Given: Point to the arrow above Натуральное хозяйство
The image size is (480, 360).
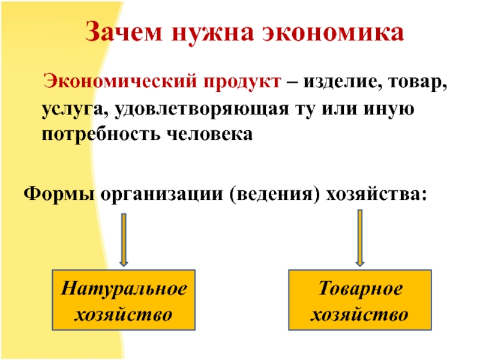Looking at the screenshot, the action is (124, 239).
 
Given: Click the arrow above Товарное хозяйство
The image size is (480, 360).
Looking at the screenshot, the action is (359, 238).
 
